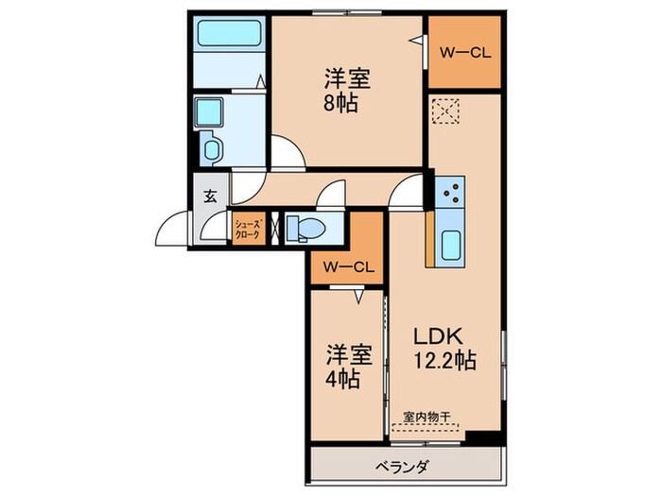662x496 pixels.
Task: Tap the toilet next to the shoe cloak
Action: (x=305, y=228)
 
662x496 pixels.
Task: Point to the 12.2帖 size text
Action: (x=442, y=360)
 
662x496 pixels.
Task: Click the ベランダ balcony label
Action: (x=407, y=466)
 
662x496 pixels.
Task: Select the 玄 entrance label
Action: (x=210, y=197)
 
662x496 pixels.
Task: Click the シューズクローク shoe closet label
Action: (x=247, y=228)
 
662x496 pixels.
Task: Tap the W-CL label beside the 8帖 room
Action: (x=462, y=53)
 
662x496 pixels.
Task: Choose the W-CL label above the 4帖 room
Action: (x=348, y=267)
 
